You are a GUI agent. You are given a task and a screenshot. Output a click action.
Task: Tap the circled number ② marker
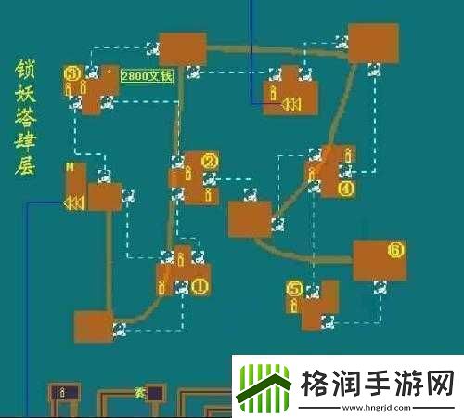[x=210, y=162]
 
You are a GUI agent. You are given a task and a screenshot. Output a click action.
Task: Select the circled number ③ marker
[x=71, y=72]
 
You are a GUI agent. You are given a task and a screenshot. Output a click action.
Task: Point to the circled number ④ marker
[x=347, y=188]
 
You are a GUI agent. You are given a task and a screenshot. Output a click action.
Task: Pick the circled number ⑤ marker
[x=295, y=289]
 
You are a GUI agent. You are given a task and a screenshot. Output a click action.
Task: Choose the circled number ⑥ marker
[x=395, y=250]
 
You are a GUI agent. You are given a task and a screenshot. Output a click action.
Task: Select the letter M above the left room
[x=69, y=167]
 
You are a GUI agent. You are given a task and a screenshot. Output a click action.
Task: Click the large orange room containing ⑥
[x=379, y=260]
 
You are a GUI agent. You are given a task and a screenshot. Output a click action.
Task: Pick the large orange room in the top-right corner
[x=373, y=43]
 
